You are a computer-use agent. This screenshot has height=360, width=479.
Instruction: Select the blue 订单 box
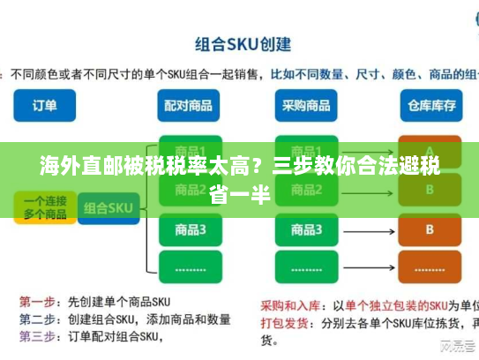click(x=46, y=105)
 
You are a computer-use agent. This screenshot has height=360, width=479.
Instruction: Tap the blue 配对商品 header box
click(x=187, y=105)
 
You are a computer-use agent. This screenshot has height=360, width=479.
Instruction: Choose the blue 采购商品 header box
click(x=306, y=105)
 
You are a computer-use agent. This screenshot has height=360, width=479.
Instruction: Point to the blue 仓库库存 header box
click(x=430, y=105)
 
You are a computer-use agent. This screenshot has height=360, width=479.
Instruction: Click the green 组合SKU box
click(x=108, y=209)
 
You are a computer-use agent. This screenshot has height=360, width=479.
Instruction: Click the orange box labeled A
click(x=430, y=150)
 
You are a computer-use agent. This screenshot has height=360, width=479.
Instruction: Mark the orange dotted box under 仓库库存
click(x=430, y=265)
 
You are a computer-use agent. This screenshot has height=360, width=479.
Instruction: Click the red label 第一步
click(x=38, y=301)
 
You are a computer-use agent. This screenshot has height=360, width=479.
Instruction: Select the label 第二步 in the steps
click(x=38, y=319)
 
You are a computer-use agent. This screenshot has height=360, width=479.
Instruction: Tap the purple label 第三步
click(x=38, y=336)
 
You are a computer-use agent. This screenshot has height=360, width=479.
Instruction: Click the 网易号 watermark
click(x=453, y=346)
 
